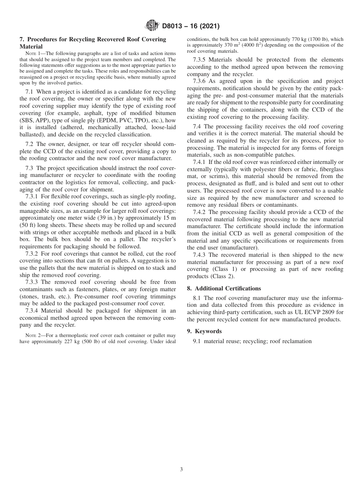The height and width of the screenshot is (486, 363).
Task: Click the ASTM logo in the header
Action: pos(151,26)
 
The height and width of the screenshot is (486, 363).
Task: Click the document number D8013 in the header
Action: pos(174,26)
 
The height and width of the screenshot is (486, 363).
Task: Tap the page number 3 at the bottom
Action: pos(181,469)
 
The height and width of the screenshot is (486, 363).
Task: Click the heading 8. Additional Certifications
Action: pos(224,288)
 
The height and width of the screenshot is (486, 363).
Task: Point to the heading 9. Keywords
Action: pos(208,331)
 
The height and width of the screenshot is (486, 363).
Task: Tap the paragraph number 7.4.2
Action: pos(201,212)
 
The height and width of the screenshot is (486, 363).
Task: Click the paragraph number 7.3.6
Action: pos(201,81)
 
